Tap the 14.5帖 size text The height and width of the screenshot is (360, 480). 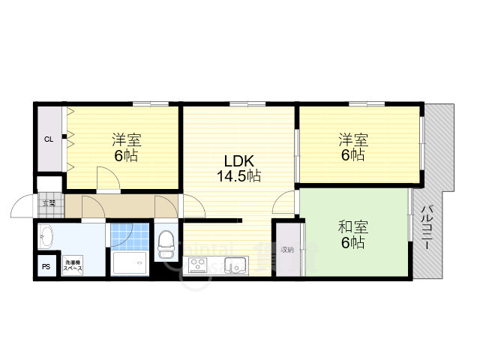tap(239, 177)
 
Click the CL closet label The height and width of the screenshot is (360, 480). tap(48, 139)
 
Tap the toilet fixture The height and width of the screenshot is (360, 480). tap(166, 244)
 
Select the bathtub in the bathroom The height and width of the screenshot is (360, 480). tap(130, 263)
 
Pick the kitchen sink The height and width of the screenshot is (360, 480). tap(235, 265)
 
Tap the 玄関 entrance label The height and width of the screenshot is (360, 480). tap(49, 203)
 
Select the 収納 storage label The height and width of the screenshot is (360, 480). tap(286, 250)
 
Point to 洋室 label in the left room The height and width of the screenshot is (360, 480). tap(127, 140)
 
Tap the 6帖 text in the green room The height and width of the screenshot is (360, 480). tap(352, 242)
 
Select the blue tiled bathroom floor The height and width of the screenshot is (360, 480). tap(121, 235)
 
